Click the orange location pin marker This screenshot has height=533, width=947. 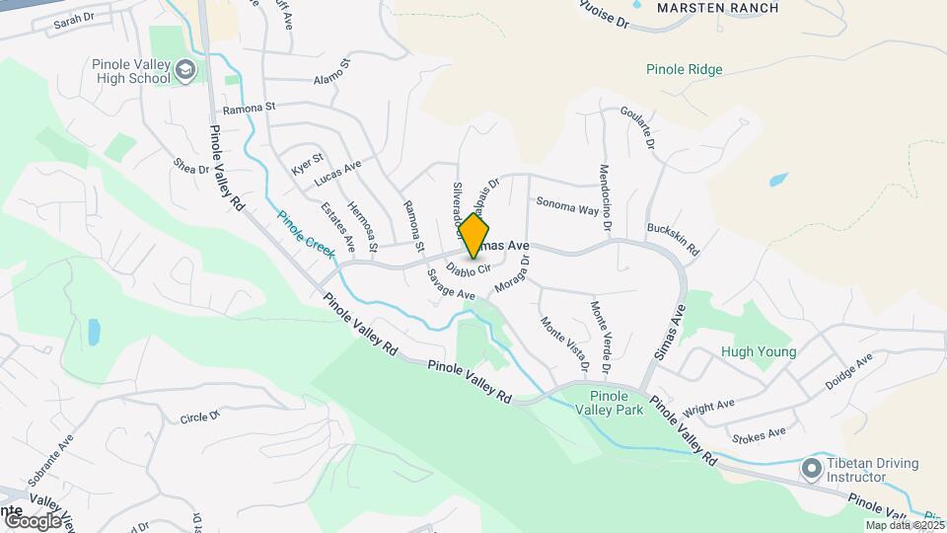pos(473,236)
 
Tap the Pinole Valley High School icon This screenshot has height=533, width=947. pos(185,71)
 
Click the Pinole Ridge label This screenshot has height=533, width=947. pos(685,70)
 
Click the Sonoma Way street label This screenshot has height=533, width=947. pos(567,206)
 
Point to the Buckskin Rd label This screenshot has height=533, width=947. pos(672,238)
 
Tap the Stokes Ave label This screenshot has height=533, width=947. pos(759,433)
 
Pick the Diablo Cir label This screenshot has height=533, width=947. pos(468,267)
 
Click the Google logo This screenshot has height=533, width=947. pos(33,520)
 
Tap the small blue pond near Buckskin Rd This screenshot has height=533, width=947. pos(778,181)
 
